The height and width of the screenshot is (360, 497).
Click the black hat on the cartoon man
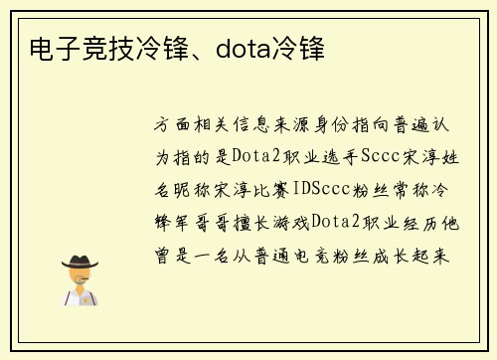(80, 263)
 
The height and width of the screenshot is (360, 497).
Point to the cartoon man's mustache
(80, 283)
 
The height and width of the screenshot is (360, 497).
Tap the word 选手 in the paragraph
(329, 157)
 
